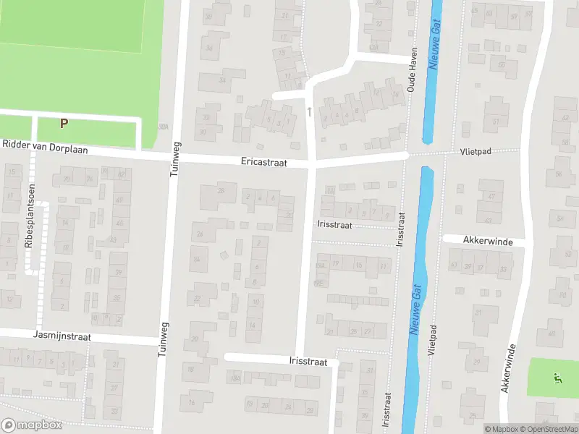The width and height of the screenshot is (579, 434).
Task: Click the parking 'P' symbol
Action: (64, 123)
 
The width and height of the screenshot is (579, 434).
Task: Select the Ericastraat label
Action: (264, 163)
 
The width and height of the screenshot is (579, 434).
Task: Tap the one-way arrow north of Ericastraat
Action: (310, 111)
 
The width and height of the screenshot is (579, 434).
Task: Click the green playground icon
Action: (556, 377)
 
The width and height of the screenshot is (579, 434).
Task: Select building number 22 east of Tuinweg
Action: (196, 297)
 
